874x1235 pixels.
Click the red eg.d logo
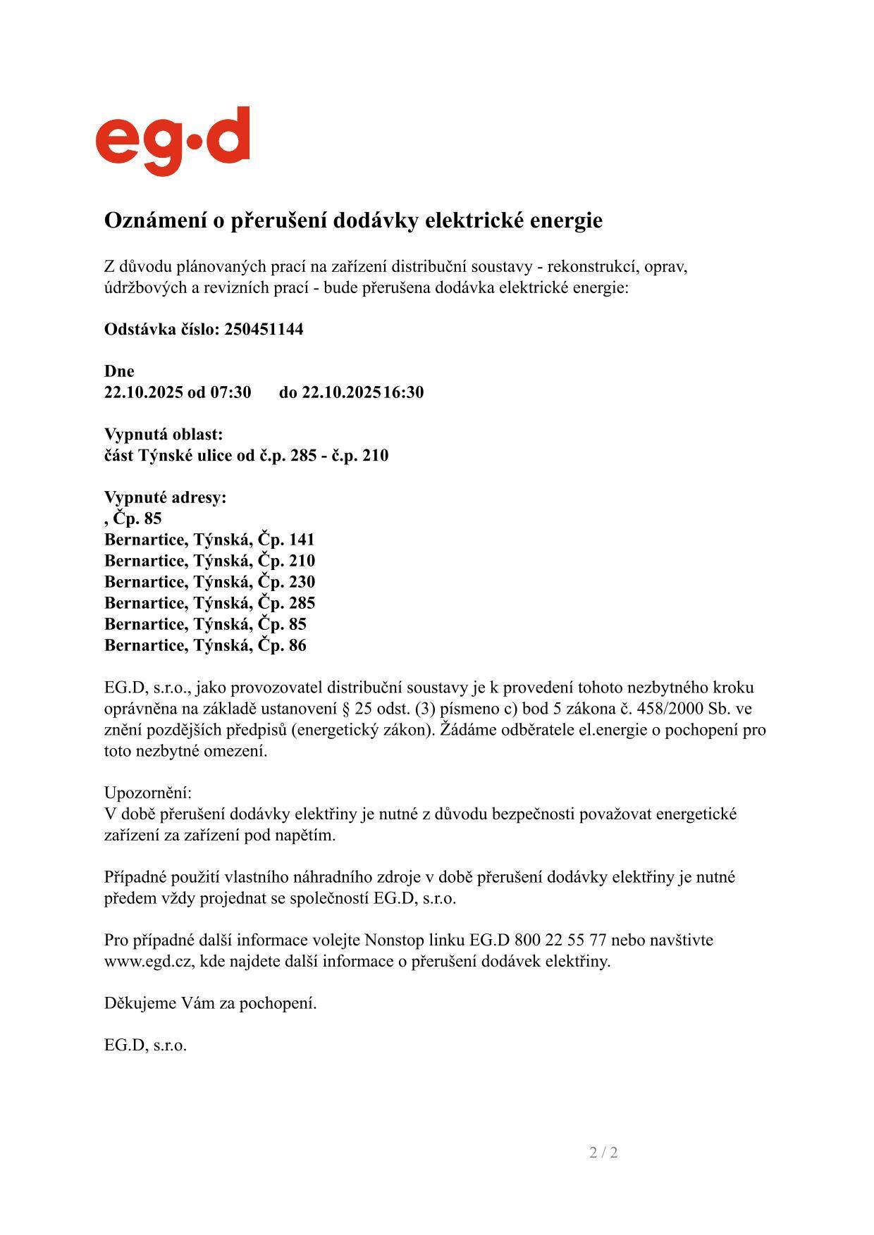[x=173, y=140]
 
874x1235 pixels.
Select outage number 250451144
[x=264, y=329]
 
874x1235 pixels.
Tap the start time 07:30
[x=230, y=392]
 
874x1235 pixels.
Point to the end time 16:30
[x=403, y=392]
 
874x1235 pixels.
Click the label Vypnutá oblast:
[x=164, y=434]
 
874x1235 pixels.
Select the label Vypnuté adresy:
[x=166, y=497]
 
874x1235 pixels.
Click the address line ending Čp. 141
[x=209, y=540]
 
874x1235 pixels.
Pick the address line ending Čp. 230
[x=209, y=582]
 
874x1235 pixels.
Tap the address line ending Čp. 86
[x=205, y=645]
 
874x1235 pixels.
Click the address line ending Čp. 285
[x=209, y=603]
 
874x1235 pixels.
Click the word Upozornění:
[x=148, y=793]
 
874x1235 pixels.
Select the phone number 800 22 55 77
[x=560, y=940]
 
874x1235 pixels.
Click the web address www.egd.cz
[x=149, y=961]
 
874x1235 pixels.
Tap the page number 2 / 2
[x=603, y=1153]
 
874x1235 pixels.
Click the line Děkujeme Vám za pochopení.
[x=210, y=1003]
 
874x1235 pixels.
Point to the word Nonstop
[x=392, y=940]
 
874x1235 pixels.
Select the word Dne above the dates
[x=119, y=371]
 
